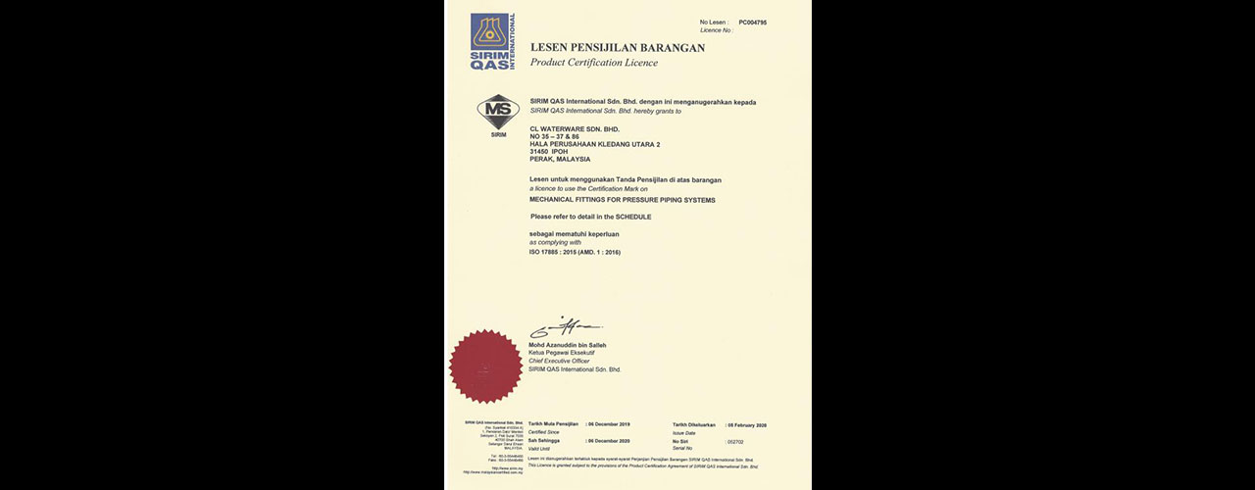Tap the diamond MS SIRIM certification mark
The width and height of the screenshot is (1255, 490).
point(498,112)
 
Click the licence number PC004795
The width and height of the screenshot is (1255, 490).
point(753,22)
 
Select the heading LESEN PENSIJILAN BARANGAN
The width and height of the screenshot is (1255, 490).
point(618,47)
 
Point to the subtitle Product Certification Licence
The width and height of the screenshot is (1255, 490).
point(594,63)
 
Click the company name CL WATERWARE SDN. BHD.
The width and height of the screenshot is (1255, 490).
point(575,128)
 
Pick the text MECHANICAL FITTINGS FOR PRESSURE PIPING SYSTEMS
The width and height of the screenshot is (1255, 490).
point(623,200)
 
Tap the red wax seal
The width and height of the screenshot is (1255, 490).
point(485,366)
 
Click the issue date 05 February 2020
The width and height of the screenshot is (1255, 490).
point(747,424)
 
